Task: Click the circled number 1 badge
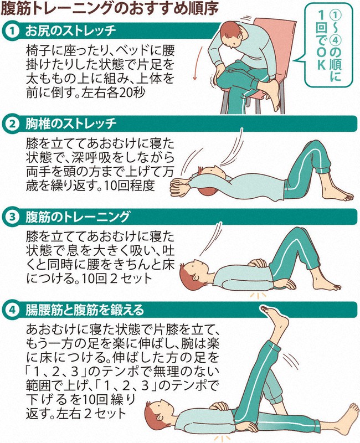(x=11, y=31)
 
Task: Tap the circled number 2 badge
(x=11, y=124)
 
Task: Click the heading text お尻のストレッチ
(x=71, y=31)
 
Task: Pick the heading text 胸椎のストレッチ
(x=71, y=124)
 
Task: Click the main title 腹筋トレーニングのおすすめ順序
(x=110, y=8)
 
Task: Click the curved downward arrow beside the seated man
(x=198, y=63)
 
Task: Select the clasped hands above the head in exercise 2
(x=181, y=187)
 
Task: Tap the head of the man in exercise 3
(x=195, y=272)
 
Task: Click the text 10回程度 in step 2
(x=130, y=186)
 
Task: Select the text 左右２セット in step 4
(x=91, y=414)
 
